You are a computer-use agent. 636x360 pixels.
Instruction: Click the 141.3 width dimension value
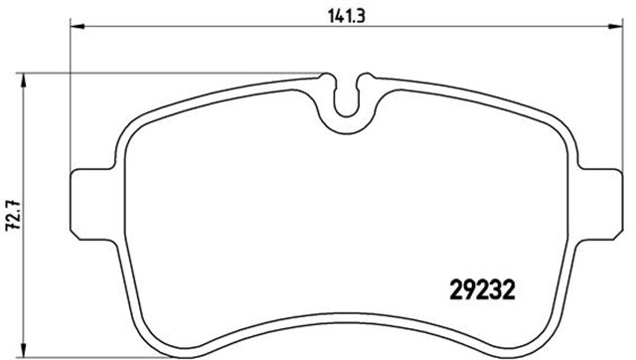coord(346,17)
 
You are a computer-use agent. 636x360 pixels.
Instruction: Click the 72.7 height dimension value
coord(13,216)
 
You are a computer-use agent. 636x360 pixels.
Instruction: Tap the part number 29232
coord(483,289)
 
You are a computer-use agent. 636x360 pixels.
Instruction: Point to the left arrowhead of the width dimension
coord(78,27)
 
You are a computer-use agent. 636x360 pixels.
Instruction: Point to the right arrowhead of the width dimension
coord(615,27)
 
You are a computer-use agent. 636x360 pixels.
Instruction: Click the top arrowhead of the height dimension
coord(24,80)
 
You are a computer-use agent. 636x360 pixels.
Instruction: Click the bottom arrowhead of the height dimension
coord(24,350)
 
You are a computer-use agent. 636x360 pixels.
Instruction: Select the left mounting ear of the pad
coord(92,204)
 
